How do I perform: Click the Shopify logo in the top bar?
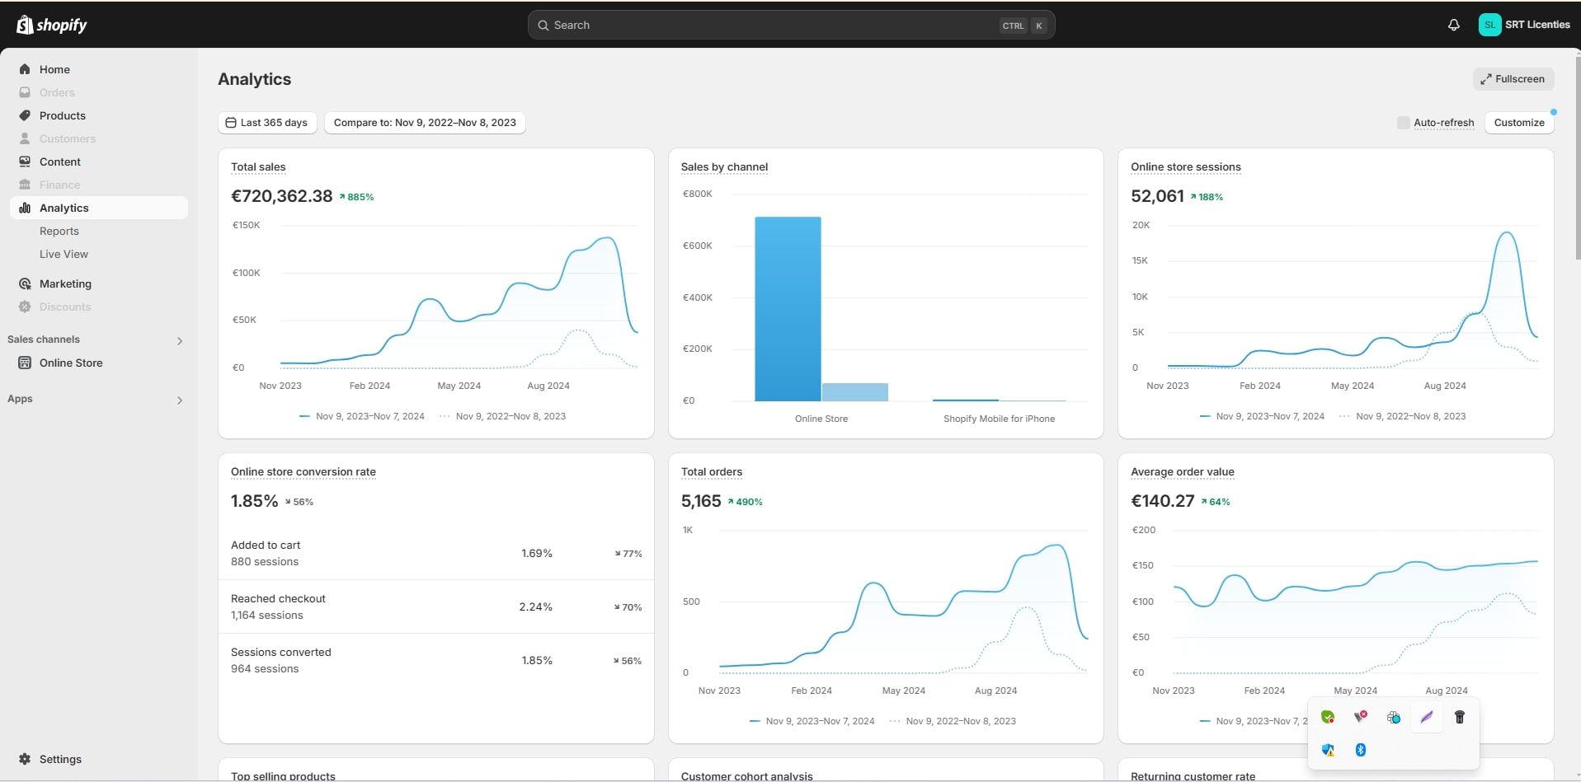[51, 25]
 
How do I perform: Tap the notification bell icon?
[1453, 25]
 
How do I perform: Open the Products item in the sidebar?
[63, 115]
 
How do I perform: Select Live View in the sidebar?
[64, 254]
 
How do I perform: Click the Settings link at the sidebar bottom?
[60, 759]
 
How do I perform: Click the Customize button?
[1518, 123]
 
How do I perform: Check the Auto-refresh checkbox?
[1403, 123]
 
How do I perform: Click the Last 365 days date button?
[267, 123]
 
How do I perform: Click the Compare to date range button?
[425, 123]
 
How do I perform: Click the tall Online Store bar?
[788, 309]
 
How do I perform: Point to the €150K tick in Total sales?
[246, 225]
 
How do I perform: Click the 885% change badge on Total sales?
[357, 197]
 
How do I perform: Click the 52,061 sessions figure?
[1157, 196]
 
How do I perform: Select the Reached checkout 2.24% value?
[535, 606]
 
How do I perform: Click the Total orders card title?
[711, 472]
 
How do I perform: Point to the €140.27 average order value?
[1162, 501]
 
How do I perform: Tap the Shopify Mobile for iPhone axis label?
[999, 419]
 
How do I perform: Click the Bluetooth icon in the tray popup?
[1361, 750]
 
